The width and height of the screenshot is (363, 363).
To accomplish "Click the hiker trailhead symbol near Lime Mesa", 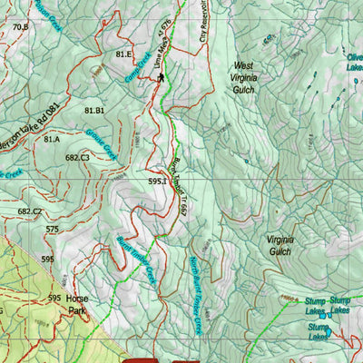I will click(x=161, y=77).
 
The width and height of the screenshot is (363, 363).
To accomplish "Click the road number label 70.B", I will click(x=20, y=27).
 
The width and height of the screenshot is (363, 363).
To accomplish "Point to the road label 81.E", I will click(x=124, y=54).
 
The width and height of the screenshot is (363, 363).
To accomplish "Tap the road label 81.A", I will click(x=51, y=139).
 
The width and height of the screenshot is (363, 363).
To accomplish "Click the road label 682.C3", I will click(x=77, y=158).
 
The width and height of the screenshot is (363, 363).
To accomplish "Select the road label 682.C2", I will click(x=29, y=211).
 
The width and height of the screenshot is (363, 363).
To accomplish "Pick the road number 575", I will click(x=52, y=230).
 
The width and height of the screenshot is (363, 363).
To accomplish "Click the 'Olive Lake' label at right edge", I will click(x=354, y=61).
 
